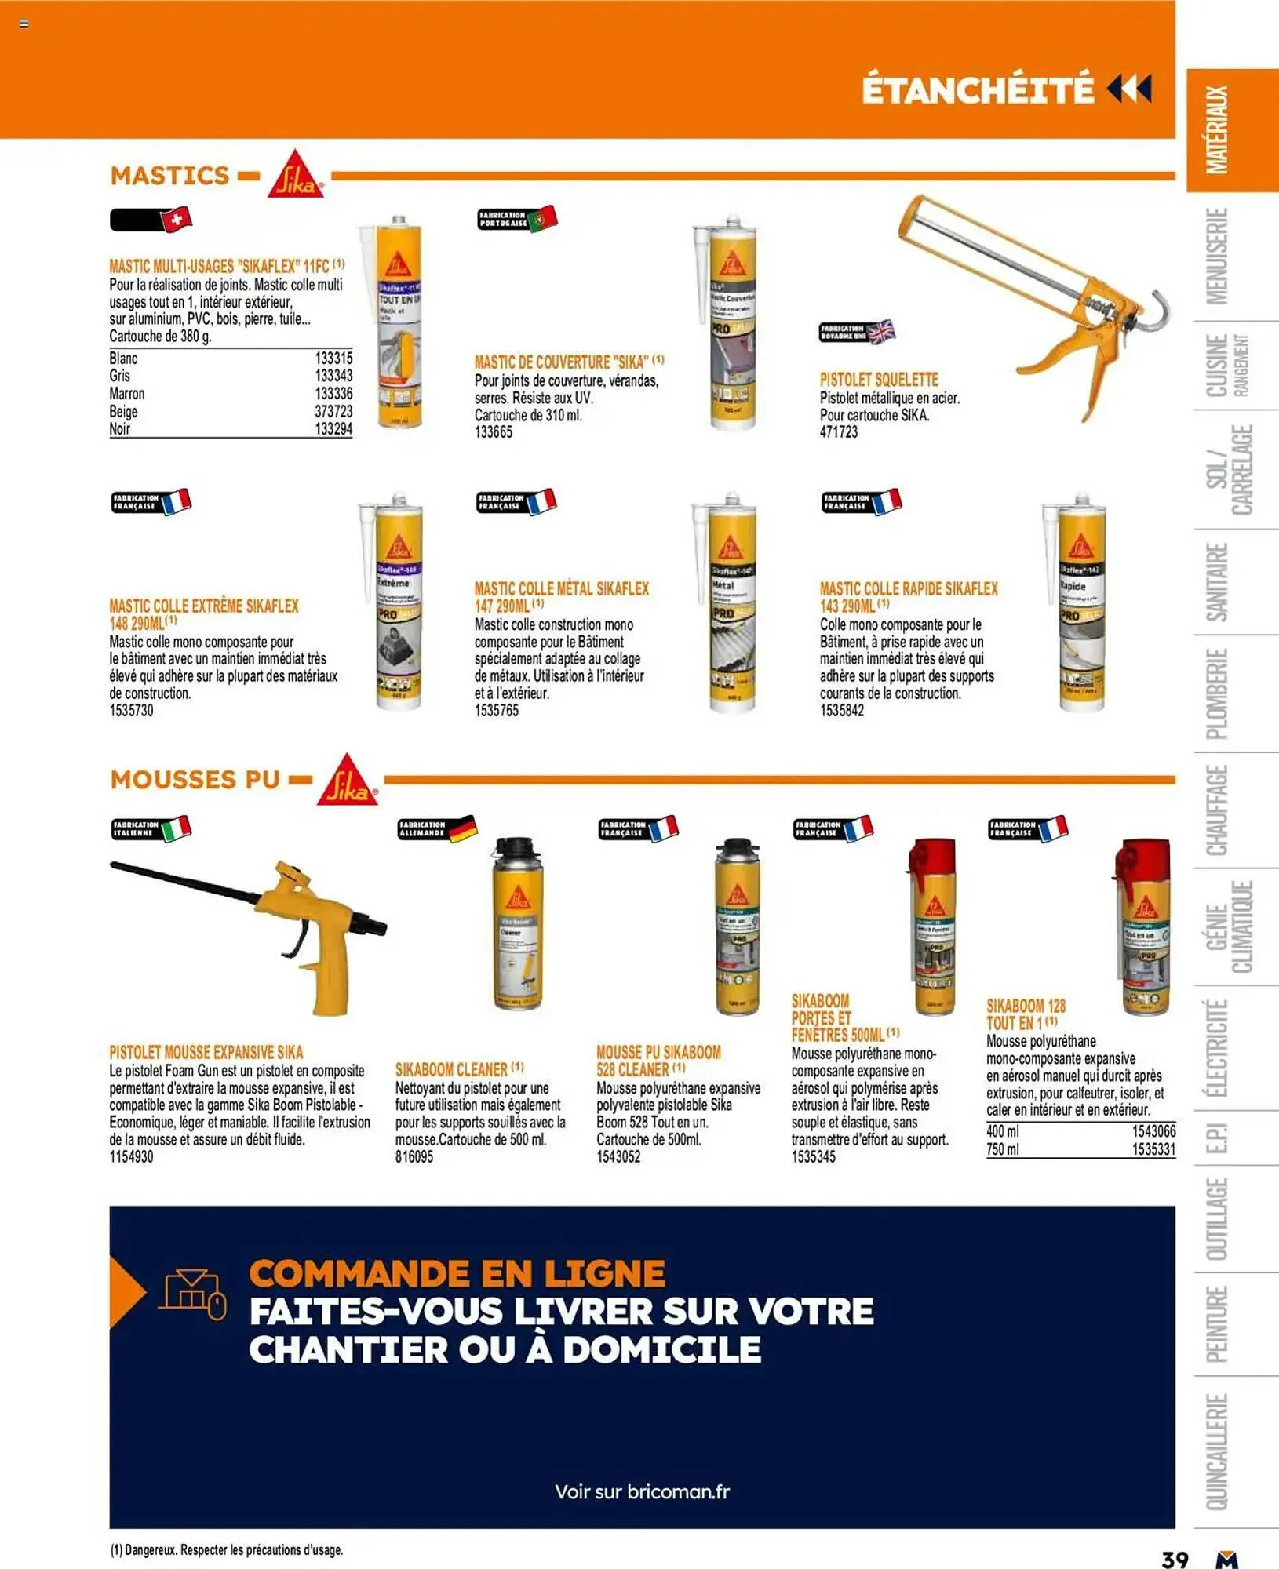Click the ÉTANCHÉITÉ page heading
[x=977, y=89]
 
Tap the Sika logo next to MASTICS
[x=295, y=175]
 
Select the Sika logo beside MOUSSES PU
[x=346, y=781]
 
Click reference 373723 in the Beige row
[x=333, y=411]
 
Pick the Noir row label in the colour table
[x=120, y=429]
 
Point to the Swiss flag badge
[x=176, y=219]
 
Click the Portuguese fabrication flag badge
[x=541, y=219]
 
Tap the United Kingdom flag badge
[x=880, y=332]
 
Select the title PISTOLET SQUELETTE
[x=878, y=380]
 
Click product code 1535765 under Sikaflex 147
[x=496, y=711]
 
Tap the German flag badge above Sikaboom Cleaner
[x=462, y=828]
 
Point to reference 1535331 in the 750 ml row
[x=1153, y=1149]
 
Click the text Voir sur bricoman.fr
[x=642, y=1491]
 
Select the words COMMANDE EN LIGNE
[x=457, y=1273]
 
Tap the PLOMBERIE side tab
[x=1216, y=694]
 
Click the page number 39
[x=1174, y=1558]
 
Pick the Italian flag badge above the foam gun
[x=175, y=828]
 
